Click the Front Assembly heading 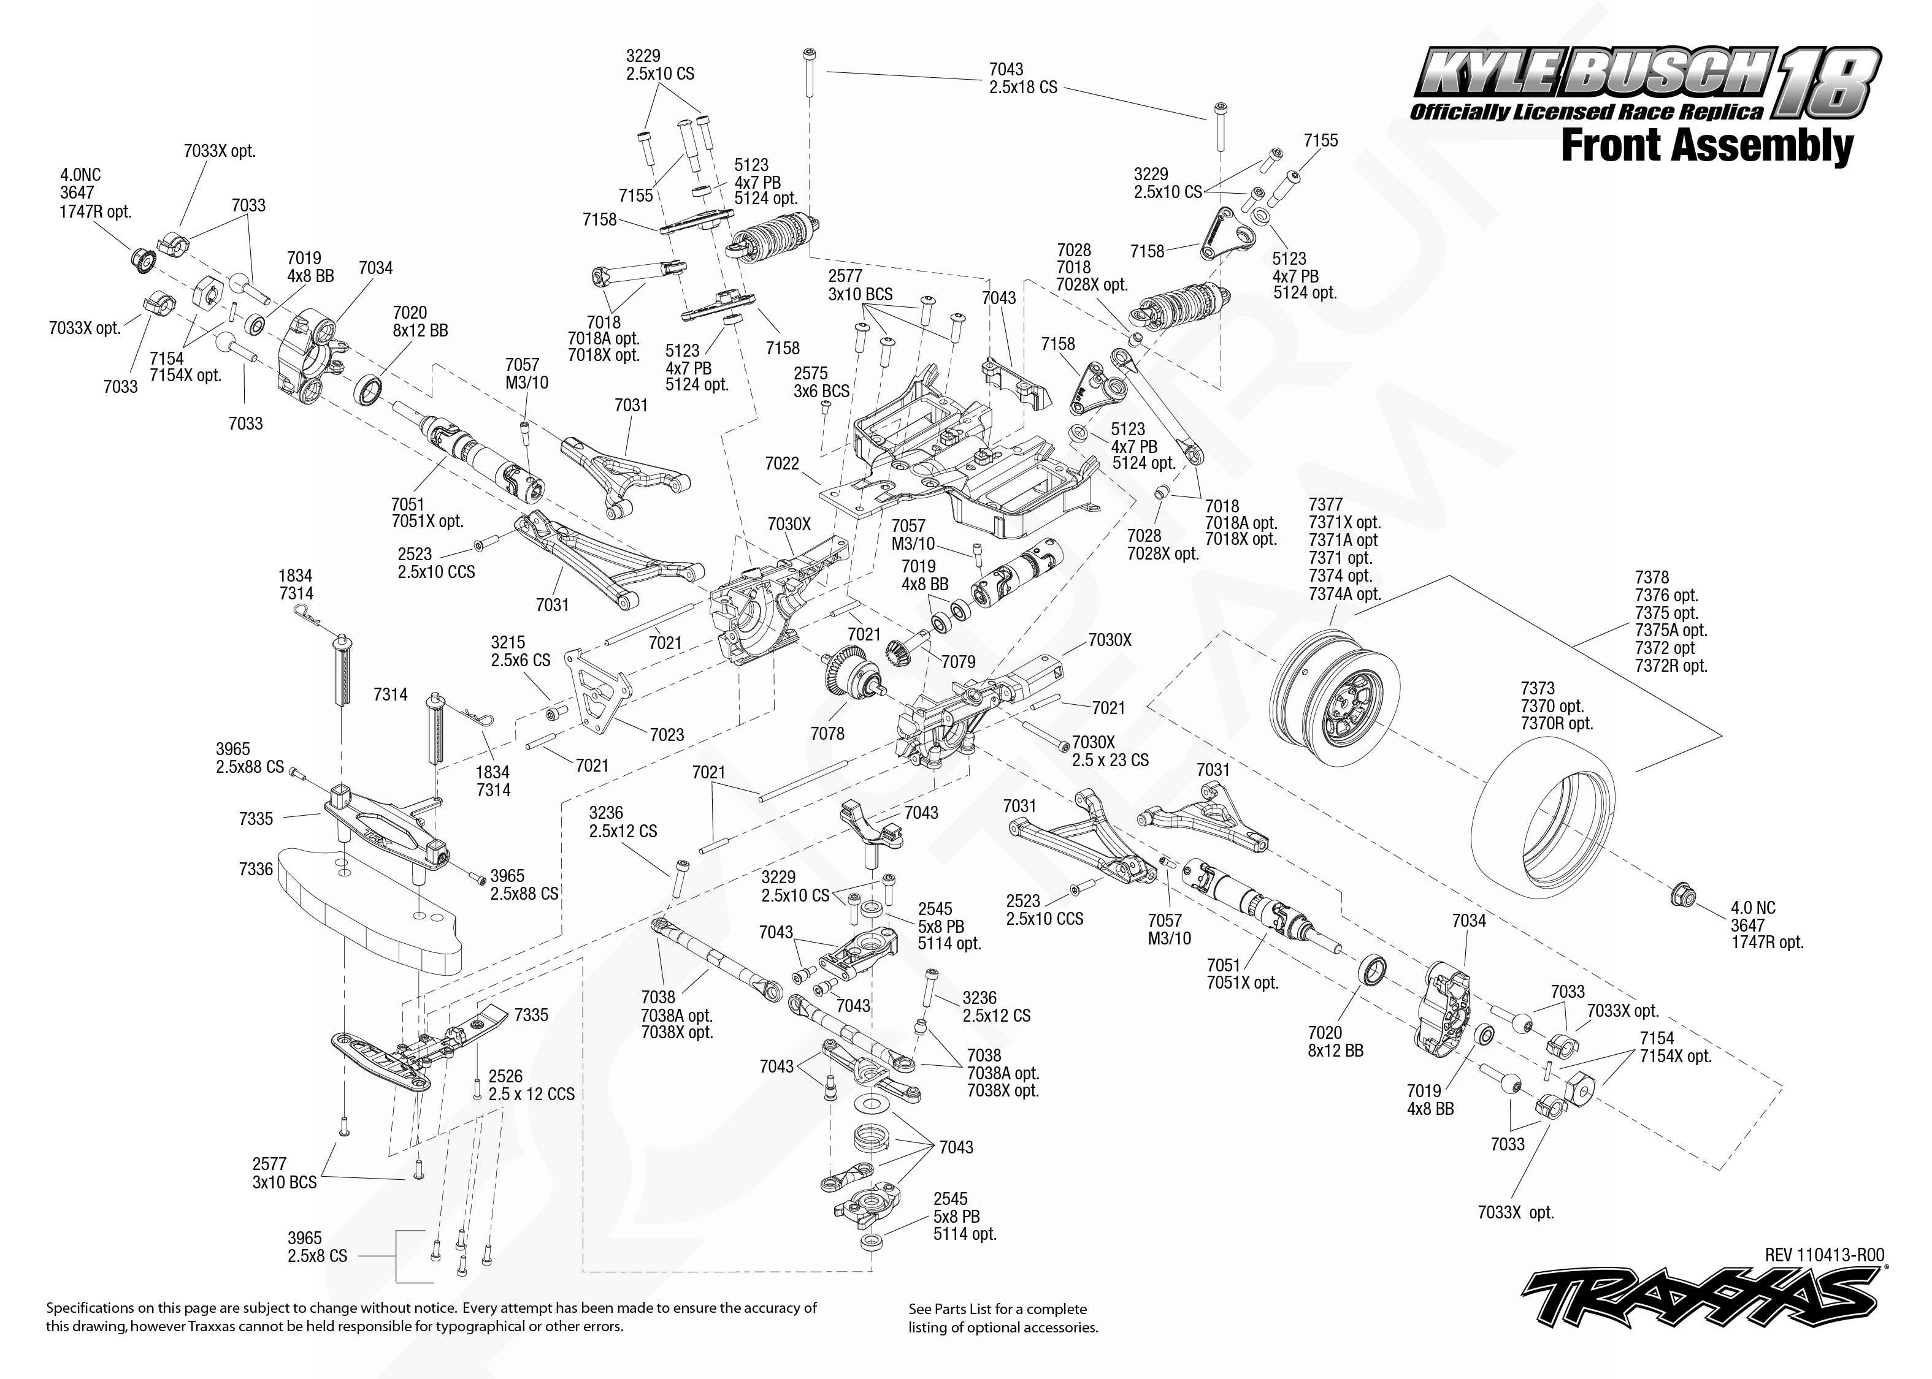click(1707, 145)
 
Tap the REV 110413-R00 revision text click(1824, 1255)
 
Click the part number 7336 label click(256, 868)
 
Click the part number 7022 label click(781, 463)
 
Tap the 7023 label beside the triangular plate click(667, 734)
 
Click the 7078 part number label click(827, 733)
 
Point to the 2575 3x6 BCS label click(821, 382)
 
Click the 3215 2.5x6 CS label click(520, 652)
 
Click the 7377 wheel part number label click(1325, 504)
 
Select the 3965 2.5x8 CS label click(317, 1247)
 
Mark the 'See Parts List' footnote click(1003, 1318)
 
